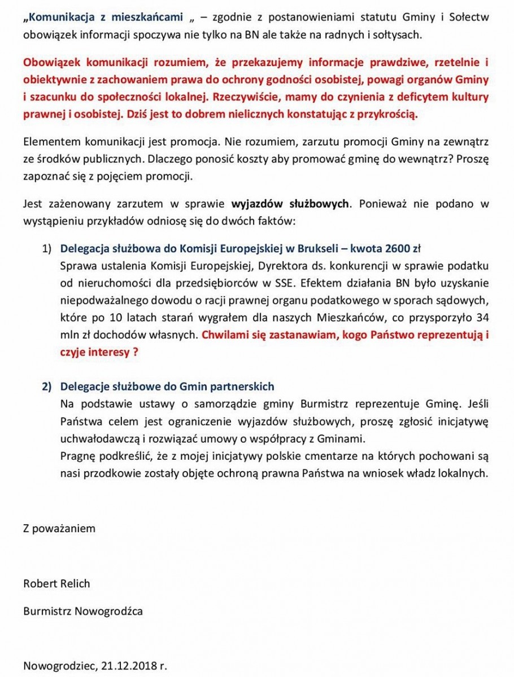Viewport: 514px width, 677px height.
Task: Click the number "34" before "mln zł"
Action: coord(482,316)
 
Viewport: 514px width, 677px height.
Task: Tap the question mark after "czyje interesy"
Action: coord(135,351)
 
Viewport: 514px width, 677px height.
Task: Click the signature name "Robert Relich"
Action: coord(56,583)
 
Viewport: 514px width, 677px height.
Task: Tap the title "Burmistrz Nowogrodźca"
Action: coord(83,610)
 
